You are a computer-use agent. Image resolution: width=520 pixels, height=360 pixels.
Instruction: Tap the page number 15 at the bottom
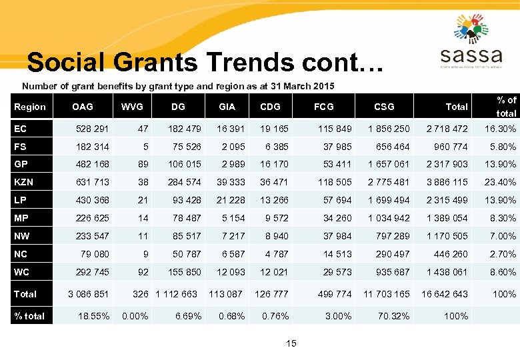291,343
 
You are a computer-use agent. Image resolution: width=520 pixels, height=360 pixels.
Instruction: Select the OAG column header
83,106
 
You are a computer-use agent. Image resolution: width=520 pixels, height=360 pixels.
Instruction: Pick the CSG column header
384,106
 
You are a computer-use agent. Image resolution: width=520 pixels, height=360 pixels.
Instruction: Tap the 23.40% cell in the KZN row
500,182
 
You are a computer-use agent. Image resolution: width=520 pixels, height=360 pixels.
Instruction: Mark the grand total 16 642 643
445,294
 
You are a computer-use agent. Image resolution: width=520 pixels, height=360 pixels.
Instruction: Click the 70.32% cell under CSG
394,316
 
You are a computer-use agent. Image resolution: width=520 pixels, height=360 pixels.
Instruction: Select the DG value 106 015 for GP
185,164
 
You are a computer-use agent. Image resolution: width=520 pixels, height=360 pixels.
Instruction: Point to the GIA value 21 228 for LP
231,200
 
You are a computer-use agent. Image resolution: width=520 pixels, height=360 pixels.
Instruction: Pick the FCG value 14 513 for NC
337,254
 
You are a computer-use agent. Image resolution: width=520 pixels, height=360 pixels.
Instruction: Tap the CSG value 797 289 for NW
393,236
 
